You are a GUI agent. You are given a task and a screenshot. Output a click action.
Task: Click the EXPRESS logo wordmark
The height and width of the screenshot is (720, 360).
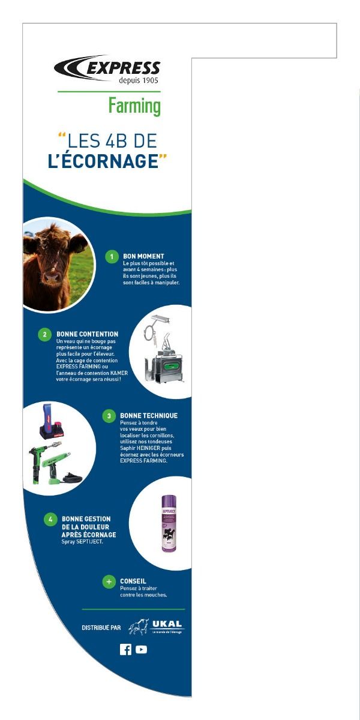[x=123, y=68]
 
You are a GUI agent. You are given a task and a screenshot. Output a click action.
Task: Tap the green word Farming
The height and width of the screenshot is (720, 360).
[x=134, y=106]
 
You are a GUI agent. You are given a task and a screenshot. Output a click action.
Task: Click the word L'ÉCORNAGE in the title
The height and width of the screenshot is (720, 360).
[x=103, y=161]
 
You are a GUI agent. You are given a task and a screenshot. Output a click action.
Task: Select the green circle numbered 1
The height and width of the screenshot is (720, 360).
[x=112, y=257]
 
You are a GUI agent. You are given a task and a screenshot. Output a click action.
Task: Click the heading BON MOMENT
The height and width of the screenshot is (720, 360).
[x=143, y=256]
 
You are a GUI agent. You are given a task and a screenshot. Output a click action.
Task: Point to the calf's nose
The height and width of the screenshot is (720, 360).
[x=52, y=277]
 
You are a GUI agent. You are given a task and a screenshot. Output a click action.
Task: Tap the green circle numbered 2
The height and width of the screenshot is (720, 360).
[x=44, y=334]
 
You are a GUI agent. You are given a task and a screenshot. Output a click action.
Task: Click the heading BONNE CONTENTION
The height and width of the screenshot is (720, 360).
[x=88, y=334]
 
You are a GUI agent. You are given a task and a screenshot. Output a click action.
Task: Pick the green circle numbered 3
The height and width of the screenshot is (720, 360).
[x=109, y=416]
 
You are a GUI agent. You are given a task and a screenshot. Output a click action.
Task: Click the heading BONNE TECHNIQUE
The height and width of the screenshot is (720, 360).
[x=149, y=415]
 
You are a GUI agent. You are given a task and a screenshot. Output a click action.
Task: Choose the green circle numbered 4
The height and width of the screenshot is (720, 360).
[x=50, y=519]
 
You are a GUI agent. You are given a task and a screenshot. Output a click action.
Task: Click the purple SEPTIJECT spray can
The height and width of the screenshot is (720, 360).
[x=169, y=524]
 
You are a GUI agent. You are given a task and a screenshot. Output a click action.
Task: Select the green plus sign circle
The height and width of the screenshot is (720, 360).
[x=109, y=581]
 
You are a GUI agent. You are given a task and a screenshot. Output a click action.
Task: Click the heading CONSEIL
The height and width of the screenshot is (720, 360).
[x=133, y=581]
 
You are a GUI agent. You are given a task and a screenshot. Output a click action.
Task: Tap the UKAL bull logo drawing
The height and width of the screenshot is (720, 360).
[x=139, y=626]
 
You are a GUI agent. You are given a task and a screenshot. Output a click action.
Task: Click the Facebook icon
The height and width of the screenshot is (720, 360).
[x=125, y=650]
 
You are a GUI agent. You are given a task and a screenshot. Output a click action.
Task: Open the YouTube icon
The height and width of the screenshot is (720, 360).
[x=141, y=650]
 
